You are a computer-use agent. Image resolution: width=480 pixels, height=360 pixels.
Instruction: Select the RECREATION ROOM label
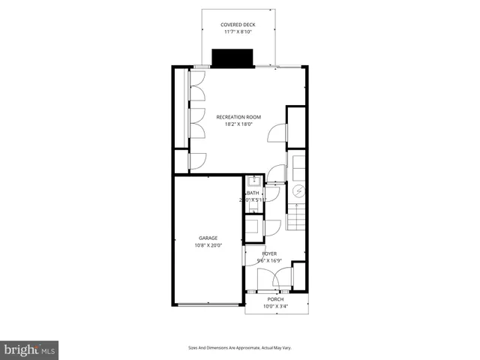coord(238,117)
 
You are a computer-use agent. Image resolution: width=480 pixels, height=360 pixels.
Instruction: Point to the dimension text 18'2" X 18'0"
coord(238,124)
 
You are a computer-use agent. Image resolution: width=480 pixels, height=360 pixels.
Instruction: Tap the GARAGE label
coord(208,238)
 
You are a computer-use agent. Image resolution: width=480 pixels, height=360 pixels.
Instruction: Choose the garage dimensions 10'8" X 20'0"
coord(208,245)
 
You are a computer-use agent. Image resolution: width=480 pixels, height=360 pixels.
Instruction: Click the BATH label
coord(253,193)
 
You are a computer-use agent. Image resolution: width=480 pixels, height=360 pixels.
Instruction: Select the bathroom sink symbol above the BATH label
coord(253,181)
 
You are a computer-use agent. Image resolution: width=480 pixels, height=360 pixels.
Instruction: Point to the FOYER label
coord(269,254)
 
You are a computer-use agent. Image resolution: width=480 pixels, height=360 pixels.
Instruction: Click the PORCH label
coord(275,298)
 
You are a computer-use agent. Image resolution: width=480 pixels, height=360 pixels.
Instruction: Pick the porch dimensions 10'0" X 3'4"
coord(275,306)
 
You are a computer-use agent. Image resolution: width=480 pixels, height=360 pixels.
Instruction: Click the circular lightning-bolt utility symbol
coord(297,191)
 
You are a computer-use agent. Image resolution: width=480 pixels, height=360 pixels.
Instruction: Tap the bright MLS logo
coord(30,349)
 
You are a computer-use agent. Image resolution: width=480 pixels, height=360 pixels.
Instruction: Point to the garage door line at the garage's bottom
coord(208,304)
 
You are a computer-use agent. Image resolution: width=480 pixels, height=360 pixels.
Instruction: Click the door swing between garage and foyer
coord(250,256)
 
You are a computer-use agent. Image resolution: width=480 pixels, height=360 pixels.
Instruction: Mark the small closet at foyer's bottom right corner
coord(298,277)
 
